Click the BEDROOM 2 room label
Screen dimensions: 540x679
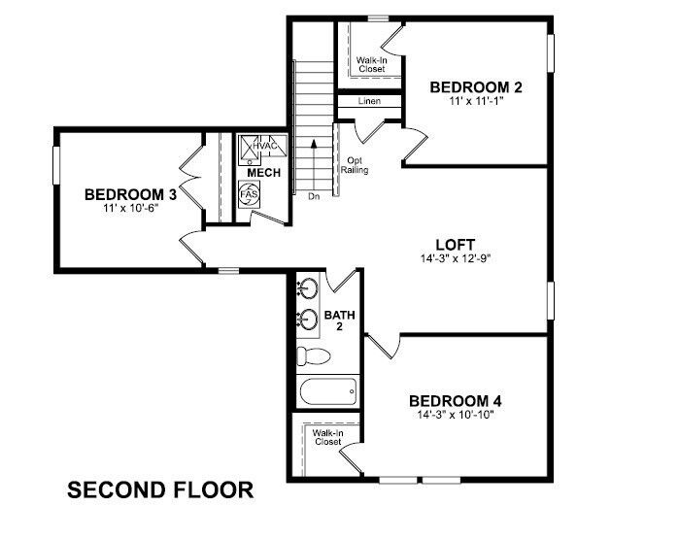476,87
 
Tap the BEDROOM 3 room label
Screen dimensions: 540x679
129,193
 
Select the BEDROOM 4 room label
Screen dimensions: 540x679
455,401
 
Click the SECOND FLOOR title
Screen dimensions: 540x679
160,490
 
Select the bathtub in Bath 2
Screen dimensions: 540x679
328,393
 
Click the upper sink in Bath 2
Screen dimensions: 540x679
310,288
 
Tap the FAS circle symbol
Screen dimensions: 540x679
248,194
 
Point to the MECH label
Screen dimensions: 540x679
263,173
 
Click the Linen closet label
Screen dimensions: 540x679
368,101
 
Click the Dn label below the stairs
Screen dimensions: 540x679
314,196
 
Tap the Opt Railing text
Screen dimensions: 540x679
354,164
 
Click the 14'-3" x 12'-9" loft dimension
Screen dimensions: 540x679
455,259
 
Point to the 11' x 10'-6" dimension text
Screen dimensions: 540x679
129,207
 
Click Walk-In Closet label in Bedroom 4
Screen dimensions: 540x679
326,437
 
